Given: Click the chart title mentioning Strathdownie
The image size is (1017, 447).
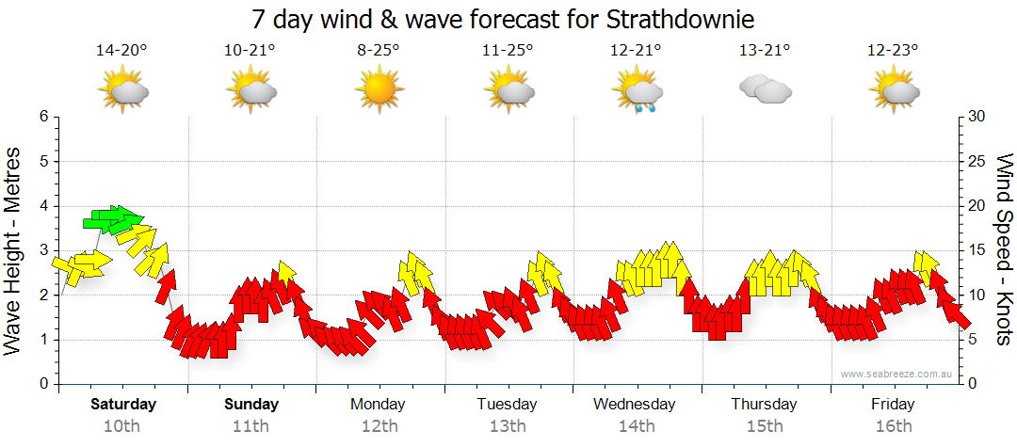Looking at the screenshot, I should [x=504, y=19].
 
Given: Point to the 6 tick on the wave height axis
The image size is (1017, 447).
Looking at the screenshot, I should [x=42, y=117].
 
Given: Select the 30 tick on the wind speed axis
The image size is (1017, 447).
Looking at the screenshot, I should [x=977, y=117].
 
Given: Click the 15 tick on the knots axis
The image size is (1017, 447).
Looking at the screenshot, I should [x=977, y=250].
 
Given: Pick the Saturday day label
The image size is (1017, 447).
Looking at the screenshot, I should [x=123, y=405].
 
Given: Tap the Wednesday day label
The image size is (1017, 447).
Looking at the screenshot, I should [x=635, y=405].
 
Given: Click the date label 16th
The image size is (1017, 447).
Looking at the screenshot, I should [x=892, y=426].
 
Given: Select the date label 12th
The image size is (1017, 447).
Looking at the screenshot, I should [x=379, y=426].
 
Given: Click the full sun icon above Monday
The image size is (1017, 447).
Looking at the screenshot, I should [x=379, y=90].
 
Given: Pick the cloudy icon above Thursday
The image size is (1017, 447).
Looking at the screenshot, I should [x=765, y=89].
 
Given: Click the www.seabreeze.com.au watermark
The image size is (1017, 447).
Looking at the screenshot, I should [x=897, y=374].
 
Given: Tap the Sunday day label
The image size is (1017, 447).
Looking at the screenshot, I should [x=251, y=405].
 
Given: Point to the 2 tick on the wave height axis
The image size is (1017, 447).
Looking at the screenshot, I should [x=42, y=295].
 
